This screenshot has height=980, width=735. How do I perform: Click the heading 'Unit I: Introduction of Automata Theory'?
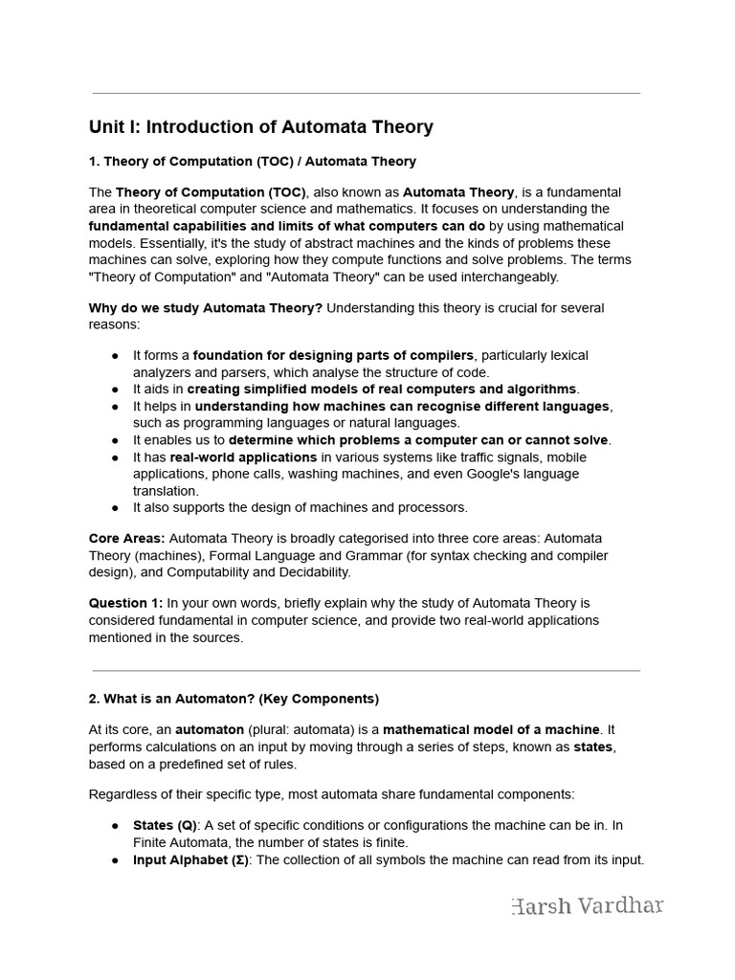click(x=260, y=127)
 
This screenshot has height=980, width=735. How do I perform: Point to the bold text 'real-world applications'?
click(x=243, y=457)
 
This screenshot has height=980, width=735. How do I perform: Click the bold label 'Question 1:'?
click(x=125, y=604)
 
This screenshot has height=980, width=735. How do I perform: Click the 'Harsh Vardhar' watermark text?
click(x=588, y=905)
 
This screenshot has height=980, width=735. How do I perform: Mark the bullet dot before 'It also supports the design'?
click(x=115, y=508)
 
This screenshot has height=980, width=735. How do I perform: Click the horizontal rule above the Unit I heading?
click(x=367, y=94)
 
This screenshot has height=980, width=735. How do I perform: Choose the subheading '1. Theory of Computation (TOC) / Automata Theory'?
click(x=252, y=161)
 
